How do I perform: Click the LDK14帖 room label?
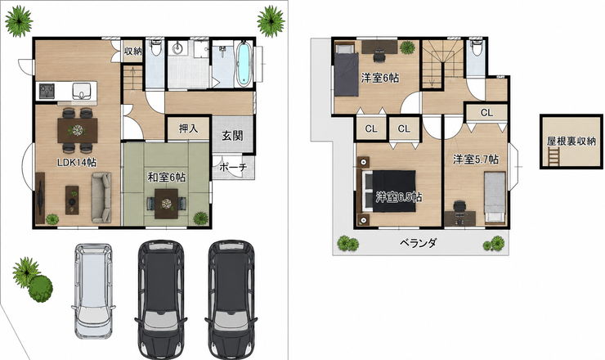click(77, 163)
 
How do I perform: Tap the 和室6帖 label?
click(167, 178)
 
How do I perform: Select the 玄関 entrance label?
click(232, 136)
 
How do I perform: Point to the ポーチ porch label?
click(233, 168)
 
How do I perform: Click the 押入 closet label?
click(189, 128)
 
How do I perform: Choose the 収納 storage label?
click(132, 51)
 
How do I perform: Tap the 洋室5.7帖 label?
click(476, 160)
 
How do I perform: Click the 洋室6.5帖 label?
click(399, 197)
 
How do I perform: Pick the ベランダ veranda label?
click(419, 243)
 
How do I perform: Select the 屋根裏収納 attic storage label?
click(571, 142)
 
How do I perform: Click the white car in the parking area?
click(93, 290)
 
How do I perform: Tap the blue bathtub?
click(244, 64)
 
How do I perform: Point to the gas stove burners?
click(47, 91)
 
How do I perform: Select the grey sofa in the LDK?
click(101, 197)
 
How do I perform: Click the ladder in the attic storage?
click(553, 158)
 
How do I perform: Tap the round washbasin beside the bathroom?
click(178, 49)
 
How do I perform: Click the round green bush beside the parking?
click(41, 289)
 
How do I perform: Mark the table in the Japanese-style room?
click(166, 204)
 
